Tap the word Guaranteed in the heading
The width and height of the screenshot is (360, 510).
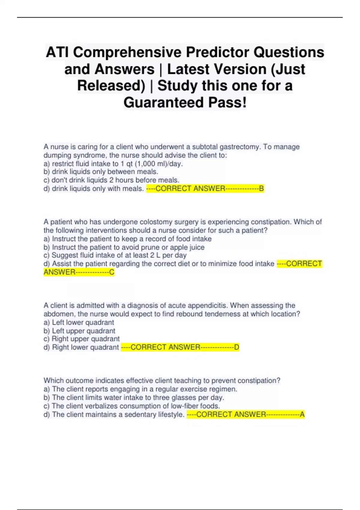point(163,103)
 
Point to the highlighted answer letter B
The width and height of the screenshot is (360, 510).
point(261,188)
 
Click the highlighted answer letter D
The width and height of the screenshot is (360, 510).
point(237,347)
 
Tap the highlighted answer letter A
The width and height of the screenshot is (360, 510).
point(302,414)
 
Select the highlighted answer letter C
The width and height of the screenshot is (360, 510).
point(112,272)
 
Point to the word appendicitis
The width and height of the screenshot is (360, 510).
point(206,305)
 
